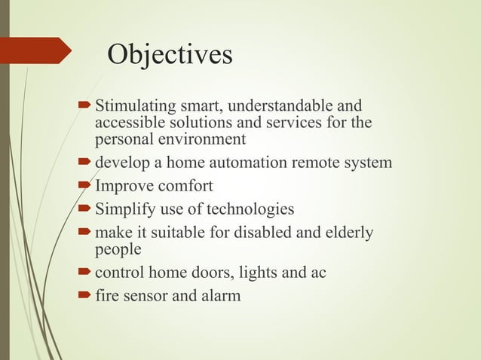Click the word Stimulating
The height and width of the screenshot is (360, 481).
(x=134, y=105)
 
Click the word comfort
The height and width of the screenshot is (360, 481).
(x=183, y=186)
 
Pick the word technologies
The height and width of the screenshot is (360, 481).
(x=252, y=209)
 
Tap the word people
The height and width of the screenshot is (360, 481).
(x=118, y=249)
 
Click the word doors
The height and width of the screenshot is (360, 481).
(x=210, y=272)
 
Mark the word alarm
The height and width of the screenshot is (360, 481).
(x=219, y=295)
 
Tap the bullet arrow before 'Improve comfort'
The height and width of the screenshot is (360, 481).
(x=85, y=186)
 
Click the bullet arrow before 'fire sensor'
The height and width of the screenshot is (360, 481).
(x=85, y=295)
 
